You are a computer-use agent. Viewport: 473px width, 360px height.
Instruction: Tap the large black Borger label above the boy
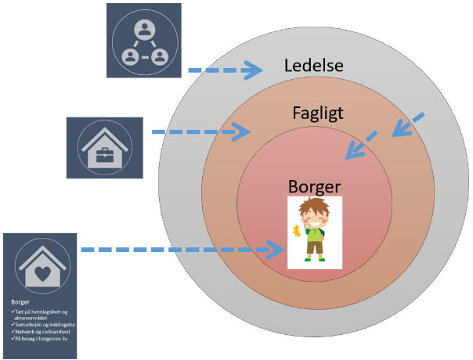point(315,188)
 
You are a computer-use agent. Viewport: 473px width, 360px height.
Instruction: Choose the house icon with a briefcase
point(104,146)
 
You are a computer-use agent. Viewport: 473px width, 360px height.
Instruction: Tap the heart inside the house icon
point(40,273)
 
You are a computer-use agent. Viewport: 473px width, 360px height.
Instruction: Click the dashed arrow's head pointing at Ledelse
point(254,70)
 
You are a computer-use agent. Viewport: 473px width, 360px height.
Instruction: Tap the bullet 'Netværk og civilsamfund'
point(42,332)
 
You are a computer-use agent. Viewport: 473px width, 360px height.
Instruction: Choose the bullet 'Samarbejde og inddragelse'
point(44,324)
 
